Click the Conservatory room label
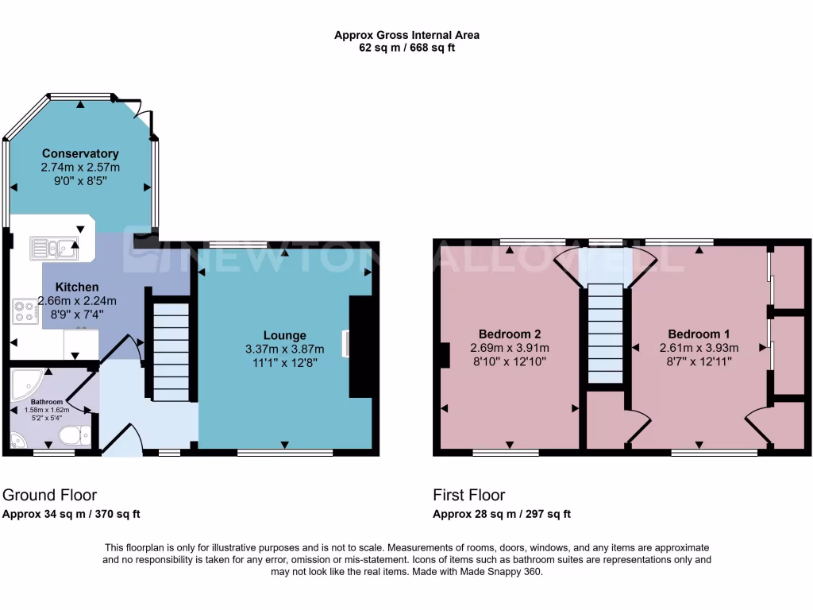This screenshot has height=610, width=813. (80, 153)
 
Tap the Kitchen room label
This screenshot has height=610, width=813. (77, 287)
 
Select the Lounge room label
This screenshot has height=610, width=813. (285, 335)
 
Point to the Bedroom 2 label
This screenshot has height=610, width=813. (509, 334)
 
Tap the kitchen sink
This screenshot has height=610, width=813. (54, 248)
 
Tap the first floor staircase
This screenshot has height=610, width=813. (607, 334)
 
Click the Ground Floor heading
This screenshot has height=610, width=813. (50, 495)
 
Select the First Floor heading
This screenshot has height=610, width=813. (468, 495)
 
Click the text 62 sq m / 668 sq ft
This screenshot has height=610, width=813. (406, 48)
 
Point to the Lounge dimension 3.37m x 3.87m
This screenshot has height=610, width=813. (285, 349)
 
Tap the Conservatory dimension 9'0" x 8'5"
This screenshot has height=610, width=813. (80, 180)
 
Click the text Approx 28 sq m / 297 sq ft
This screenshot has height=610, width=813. (501, 514)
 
